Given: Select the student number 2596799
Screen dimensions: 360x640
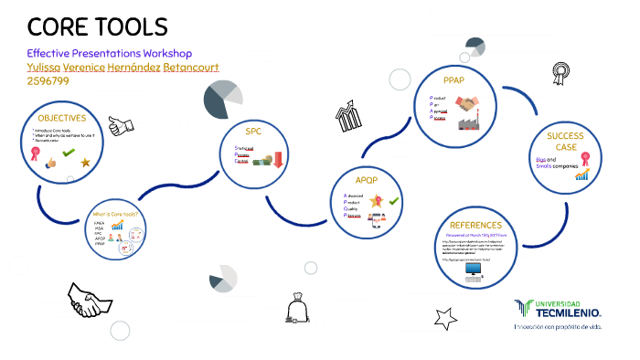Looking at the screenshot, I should coord(48,81).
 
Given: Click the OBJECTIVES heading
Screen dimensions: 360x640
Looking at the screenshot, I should coord(61,118).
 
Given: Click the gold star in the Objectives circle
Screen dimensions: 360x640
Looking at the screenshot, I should coord(85,163).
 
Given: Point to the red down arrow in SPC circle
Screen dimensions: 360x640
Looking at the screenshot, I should coord(277,162).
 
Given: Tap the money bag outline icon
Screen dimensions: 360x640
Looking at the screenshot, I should coord(296,308).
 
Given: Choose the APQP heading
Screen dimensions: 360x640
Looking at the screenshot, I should coord(366,179).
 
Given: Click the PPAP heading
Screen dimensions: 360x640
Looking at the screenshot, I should coord(453,80).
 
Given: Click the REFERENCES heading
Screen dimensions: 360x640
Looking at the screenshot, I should coord(475,225).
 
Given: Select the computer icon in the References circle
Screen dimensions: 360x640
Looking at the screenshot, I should coord(473,270).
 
